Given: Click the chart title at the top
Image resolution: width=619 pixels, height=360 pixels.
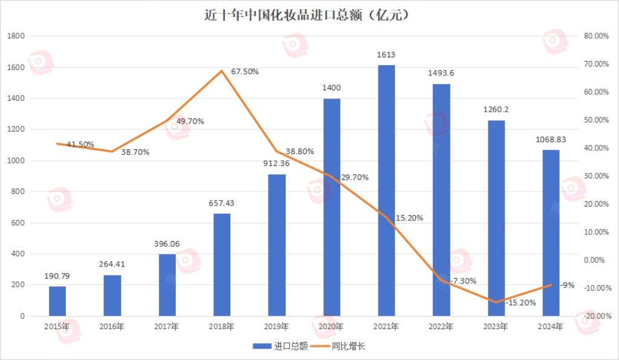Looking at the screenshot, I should (x=309, y=14).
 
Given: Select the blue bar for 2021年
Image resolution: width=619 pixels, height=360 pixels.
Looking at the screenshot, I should (x=386, y=190).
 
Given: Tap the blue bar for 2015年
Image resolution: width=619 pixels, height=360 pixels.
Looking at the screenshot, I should (x=57, y=301).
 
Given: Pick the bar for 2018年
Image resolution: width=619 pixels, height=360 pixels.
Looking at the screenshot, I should (x=222, y=265).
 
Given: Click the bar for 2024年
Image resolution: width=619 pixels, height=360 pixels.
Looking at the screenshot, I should (x=551, y=233).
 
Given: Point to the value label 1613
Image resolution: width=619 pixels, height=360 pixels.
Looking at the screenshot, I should (x=386, y=55).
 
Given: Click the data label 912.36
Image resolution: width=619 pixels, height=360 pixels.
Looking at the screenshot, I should (x=277, y=164).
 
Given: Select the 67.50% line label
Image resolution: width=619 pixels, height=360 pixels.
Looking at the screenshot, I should (x=245, y=71).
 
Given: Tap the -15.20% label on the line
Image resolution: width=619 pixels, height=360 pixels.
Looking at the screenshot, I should (x=520, y=303).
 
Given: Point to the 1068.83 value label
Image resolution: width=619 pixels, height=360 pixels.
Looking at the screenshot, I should (x=551, y=140).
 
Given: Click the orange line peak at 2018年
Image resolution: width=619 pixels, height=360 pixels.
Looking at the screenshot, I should (x=222, y=71).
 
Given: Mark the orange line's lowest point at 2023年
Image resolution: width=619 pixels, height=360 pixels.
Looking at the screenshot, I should (x=496, y=302).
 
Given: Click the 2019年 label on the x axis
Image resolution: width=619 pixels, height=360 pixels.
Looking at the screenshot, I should (x=277, y=327).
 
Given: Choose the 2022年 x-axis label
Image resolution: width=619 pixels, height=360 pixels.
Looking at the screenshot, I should (x=441, y=327).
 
